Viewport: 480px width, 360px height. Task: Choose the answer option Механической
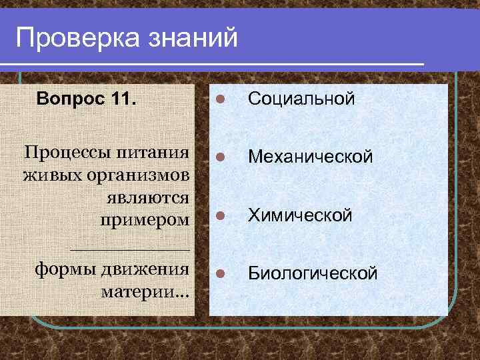[310, 157]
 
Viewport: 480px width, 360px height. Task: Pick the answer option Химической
[299, 215]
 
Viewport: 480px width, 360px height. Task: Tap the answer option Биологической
[313, 273]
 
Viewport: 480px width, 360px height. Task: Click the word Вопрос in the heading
[70, 99]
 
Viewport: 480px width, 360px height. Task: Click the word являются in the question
[147, 198]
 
